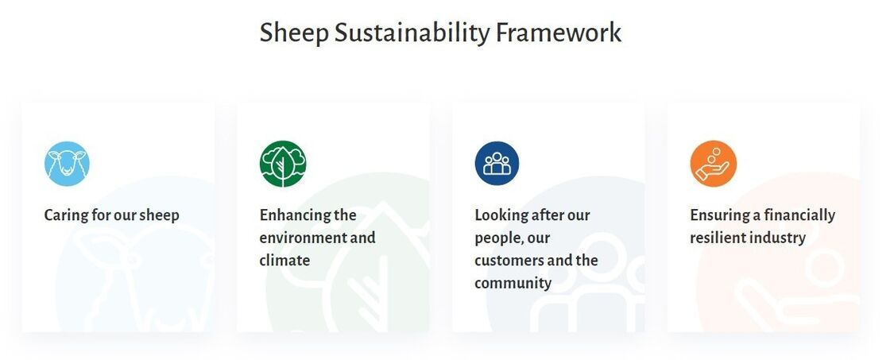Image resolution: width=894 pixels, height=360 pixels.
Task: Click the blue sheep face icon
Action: [x=67, y=164]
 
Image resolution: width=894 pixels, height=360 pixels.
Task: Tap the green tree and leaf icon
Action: [x=282, y=164]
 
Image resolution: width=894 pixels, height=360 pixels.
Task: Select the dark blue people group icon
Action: [x=497, y=164]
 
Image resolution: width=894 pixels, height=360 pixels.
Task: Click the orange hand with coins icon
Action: [x=713, y=164]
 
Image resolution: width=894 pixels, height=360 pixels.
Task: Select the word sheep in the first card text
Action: [x=160, y=215]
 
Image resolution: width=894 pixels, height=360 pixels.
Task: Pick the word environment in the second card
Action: [x=302, y=238]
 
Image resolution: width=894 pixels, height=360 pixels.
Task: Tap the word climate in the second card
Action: [x=284, y=260]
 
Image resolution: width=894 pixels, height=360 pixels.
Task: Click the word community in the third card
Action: [x=513, y=283]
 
